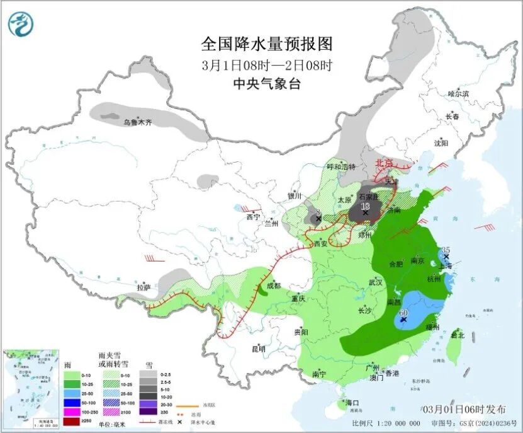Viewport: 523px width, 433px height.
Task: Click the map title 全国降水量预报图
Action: [x=266, y=44]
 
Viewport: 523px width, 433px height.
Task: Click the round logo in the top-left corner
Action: [x=21, y=25]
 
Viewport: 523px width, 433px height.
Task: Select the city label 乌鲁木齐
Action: [x=137, y=122]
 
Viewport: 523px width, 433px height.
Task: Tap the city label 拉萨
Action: [x=144, y=287]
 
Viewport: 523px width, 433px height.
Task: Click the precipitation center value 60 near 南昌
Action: [x=404, y=313]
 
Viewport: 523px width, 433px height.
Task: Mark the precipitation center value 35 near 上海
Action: [x=447, y=251]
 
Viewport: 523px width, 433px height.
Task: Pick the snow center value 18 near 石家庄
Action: [x=364, y=206]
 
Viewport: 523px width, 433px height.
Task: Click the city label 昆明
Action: [x=258, y=349]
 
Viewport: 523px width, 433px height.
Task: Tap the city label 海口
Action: [x=352, y=403]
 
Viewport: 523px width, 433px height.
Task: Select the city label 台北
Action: [x=458, y=336]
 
